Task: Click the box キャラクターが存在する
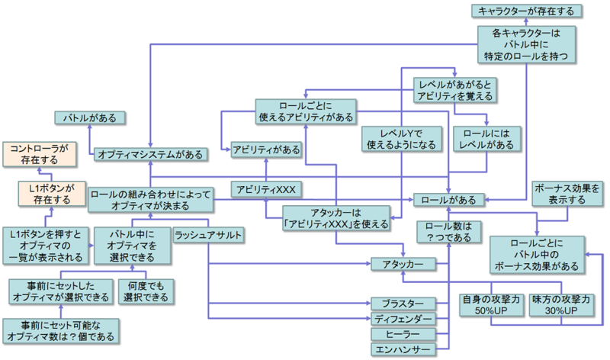pyautogui.click(x=526, y=11)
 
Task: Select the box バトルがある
pyautogui.click(x=89, y=118)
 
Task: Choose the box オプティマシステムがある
pyautogui.click(x=151, y=154)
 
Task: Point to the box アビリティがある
pyautogui.click(x=266, y=149)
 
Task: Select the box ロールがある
pyautogui.click(x=448, y=200)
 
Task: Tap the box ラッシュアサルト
pyautogui.click(x=206, y=235)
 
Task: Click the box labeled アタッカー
pyautogui.click(x=403, y=264)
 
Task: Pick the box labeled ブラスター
pyautogui.click(x=403, y=302)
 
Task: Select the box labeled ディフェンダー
pyautogui.click(x=403, y=318)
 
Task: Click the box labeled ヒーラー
pyautogui.click(x=403, y=334)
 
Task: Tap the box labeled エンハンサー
pyautogui.click(x=403, y=350)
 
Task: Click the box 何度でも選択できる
pyautogui.click(x=146, y=291)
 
